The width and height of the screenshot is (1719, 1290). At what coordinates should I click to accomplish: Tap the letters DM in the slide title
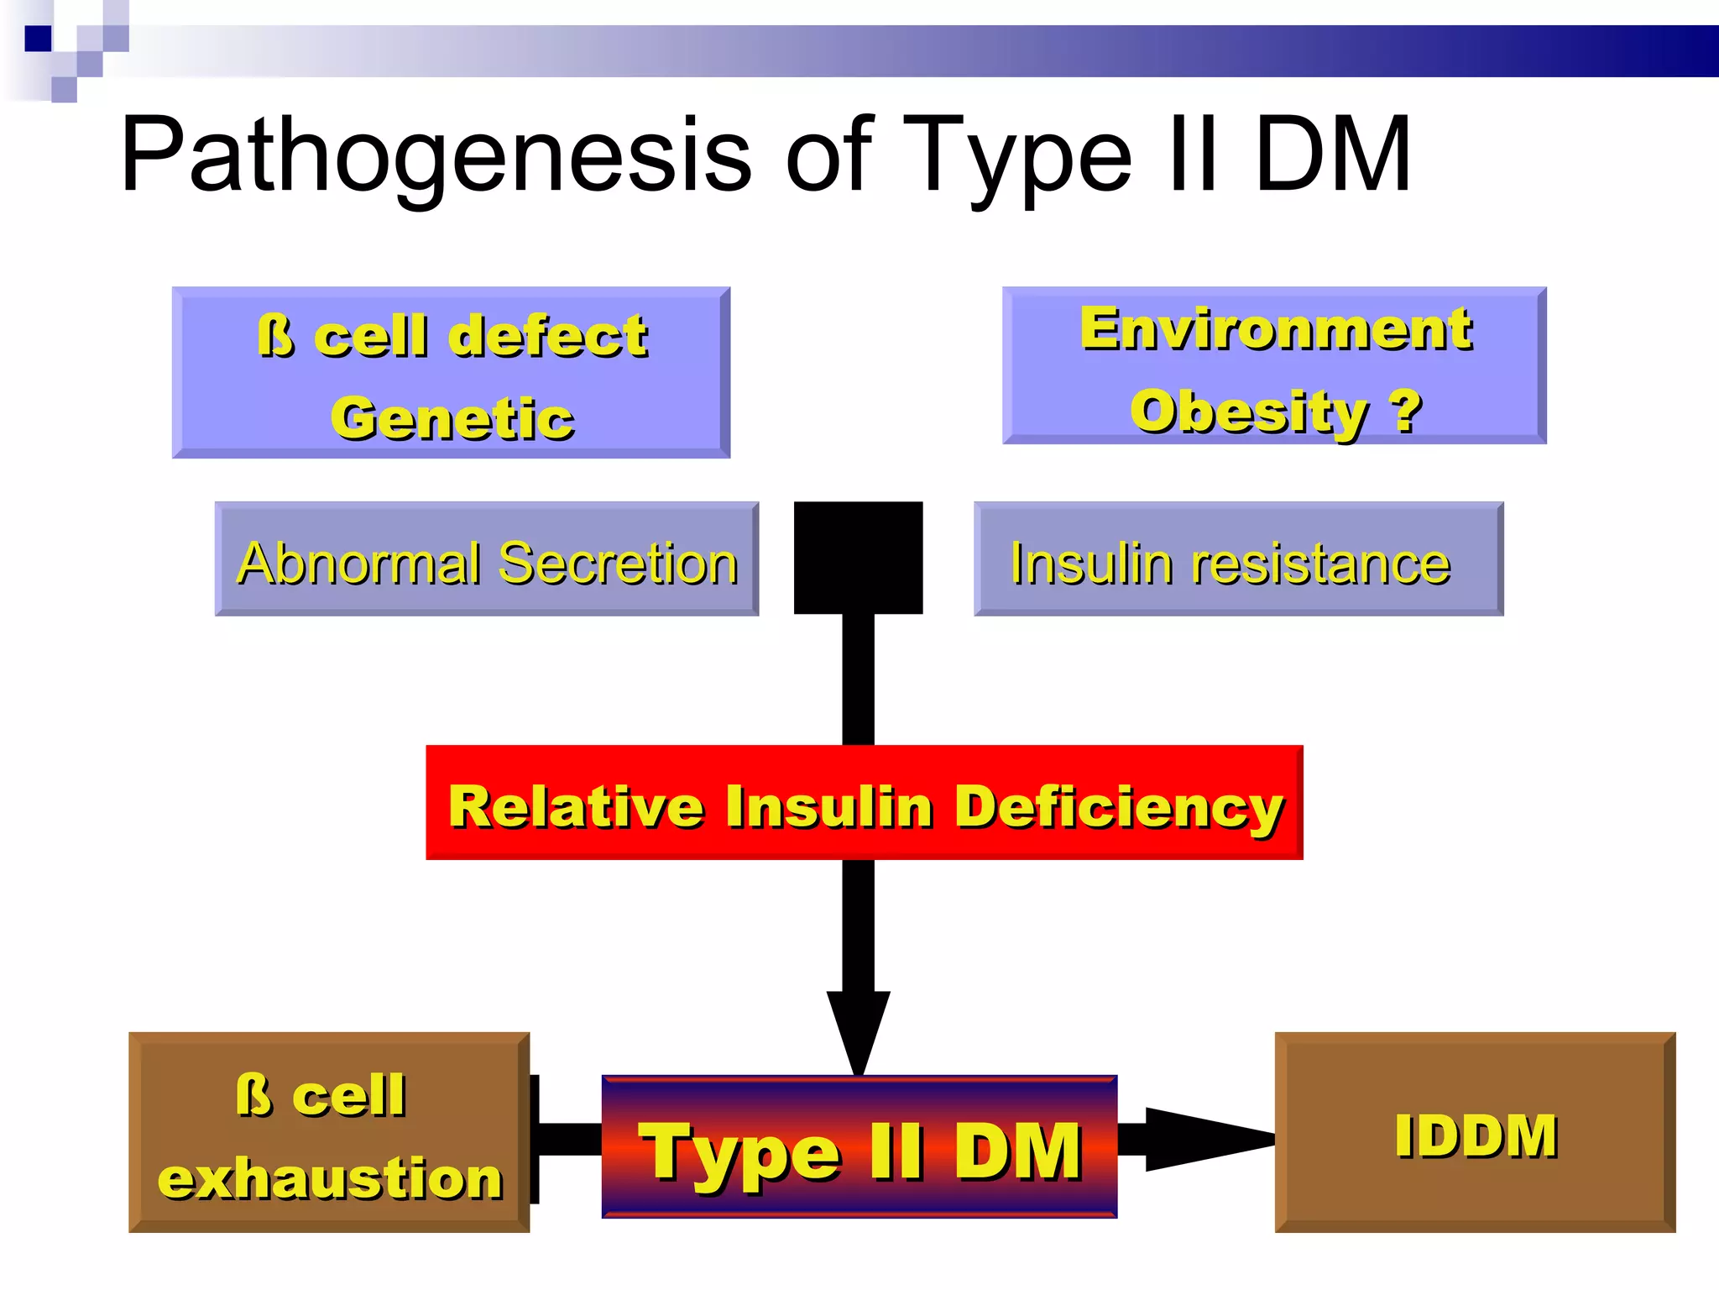pos(1333,155)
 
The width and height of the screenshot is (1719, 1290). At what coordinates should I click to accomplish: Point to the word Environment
pos(1276,328)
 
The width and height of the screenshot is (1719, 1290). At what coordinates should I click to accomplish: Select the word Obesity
pos(1249,412)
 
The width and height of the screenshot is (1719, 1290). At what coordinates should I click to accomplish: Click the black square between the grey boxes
pos(858,557)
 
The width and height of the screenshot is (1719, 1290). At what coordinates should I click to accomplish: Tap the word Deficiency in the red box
pos(1120,806)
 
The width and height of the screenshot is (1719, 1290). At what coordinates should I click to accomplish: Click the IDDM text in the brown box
pos(1476,1135)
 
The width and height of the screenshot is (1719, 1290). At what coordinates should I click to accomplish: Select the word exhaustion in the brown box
pos(330,1177)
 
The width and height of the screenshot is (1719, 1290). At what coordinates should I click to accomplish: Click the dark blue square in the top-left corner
pos(38,39)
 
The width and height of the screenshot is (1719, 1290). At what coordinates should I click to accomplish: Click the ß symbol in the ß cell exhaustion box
pos(253,1095)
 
